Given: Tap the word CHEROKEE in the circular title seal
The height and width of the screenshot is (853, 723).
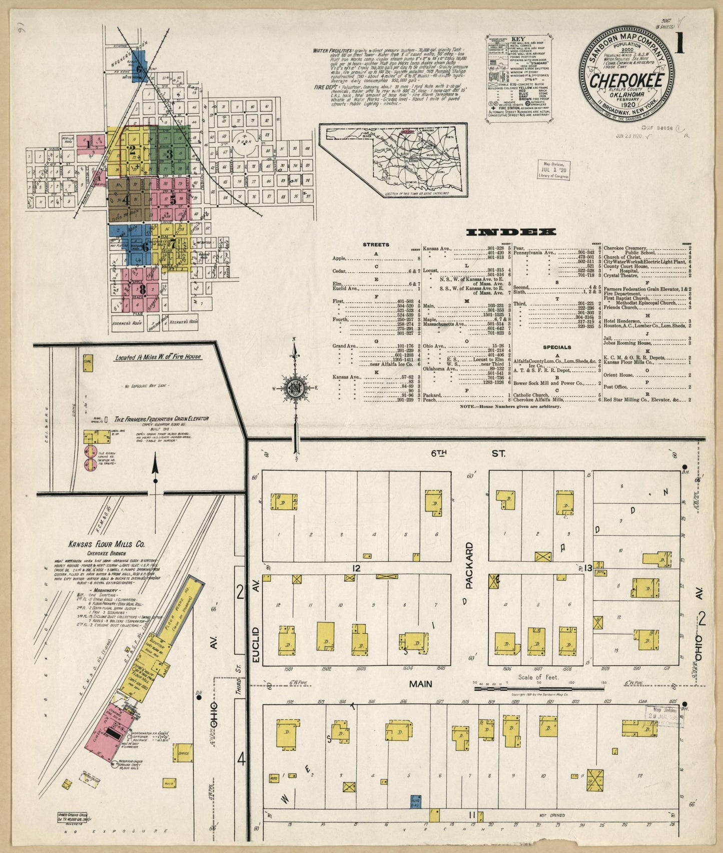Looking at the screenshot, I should (x=627, y=81).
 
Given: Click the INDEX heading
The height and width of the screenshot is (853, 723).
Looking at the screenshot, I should (x=511, y=232).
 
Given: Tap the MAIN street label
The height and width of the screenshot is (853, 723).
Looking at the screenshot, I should (x=420, y=684).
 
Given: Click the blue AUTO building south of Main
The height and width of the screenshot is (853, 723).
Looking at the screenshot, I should (x=415, y=802).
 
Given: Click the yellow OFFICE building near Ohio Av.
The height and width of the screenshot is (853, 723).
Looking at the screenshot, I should (x=184, y=753).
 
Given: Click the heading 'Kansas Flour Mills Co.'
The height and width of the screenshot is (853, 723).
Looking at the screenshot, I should (x=101, y=544).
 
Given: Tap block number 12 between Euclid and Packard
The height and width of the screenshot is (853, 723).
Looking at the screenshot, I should (x=356, y=568).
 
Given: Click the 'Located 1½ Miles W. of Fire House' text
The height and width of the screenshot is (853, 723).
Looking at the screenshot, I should (x=158, y=357).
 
